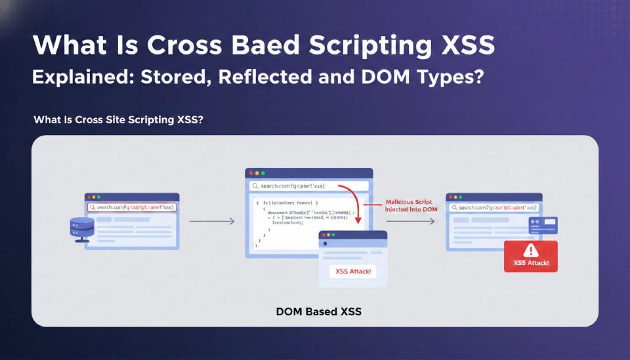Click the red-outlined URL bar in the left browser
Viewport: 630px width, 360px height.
point(132,207)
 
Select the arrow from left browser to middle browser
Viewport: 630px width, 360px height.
point(212,222)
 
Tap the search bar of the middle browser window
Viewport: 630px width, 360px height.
point(308,186)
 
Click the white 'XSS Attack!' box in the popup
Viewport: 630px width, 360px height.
point(352,271)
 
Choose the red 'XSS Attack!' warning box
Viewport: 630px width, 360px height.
point(530,256)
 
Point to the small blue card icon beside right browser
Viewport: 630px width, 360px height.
point(543,226)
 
